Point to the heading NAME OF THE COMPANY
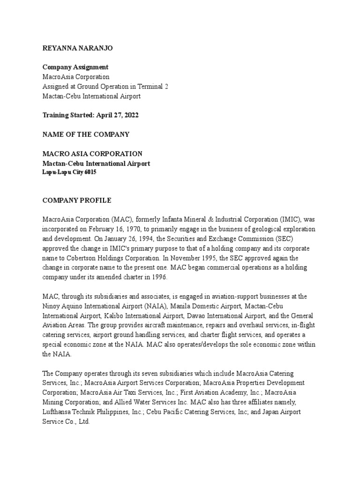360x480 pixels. (86, 135)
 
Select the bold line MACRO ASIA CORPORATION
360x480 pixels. (92, 154)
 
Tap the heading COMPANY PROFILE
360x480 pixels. (77, 201)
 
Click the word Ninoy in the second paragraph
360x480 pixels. (52, 306)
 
